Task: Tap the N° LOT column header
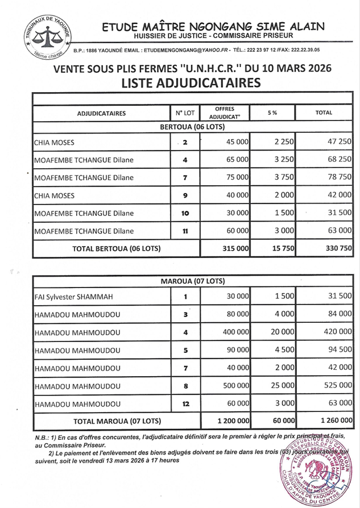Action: (x=185, y=113)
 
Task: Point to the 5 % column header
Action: (x=272, y=113)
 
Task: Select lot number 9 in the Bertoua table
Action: (x=185, y=195)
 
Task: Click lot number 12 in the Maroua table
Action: (x=185, y=404)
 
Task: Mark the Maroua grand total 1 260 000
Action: (x=330, y=421)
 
